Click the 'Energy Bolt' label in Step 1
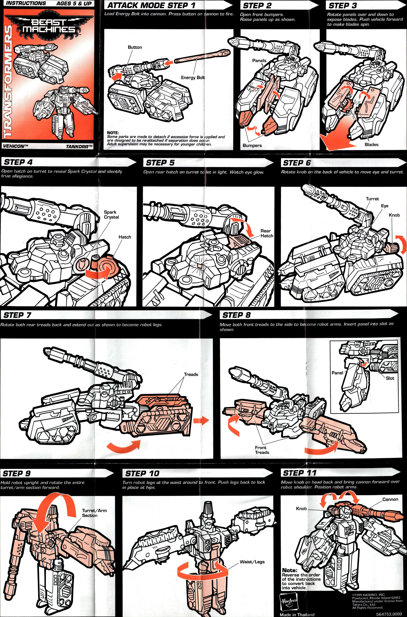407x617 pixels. click(193, 77)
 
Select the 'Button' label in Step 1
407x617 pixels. click(135, 47)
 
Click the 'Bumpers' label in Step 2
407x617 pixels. click(252, 145)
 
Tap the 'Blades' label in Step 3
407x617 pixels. click(371, 145)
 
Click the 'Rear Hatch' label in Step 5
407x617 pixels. click(267, 233)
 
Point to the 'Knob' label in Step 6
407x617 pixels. click(394, 215)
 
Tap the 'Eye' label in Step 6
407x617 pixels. click(384, 206)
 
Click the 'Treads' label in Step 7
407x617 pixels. click(191, 374)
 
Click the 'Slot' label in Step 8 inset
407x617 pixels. click(390, 378)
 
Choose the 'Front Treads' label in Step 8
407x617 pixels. click(262, 450)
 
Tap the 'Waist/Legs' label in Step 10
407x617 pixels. click(252, 562)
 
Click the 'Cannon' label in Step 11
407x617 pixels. click(390, 499)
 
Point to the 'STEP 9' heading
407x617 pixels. click(17, 473)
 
